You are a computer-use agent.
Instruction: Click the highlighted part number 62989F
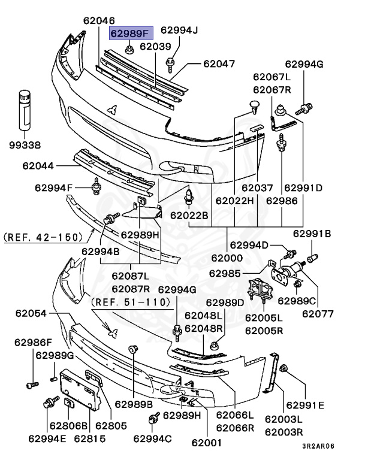pyautogui.click(x=131, y=34)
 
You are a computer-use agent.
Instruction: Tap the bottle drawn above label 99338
pyautogui.click(x=25, y=109)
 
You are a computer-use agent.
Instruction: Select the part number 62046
pyautogui.click(x=99, y=20)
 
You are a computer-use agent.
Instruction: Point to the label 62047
pyautogui.click(x=219, y=63)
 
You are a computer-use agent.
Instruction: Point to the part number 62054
pyautogui.click(x=31, y=313)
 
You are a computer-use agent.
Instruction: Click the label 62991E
pyautogui.click(x=304, y=405)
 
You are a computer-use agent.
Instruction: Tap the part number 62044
pyautogui.click(x=38, y=166)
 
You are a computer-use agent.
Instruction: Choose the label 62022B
pyautogui.click(x=189, y=215)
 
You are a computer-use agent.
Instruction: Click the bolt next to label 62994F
pyautogui.click(x=96, y=189)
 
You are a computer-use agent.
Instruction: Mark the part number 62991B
pyautogui.click(x=312, y=234)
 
